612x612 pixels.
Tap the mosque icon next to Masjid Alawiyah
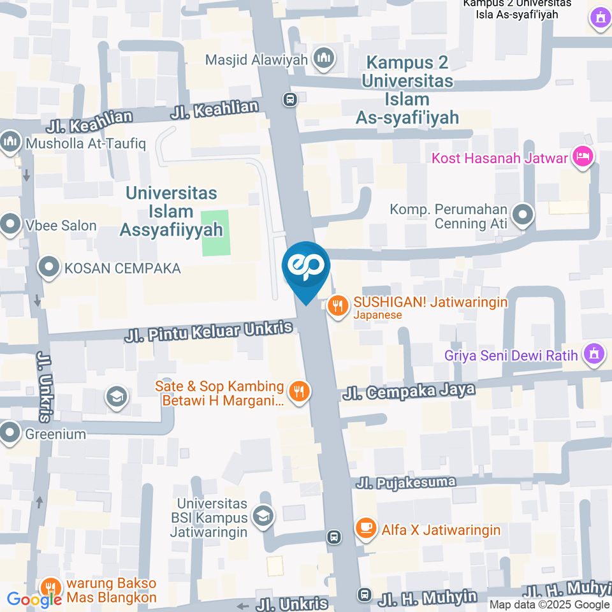pos(324,59)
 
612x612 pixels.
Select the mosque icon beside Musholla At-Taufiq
pos(11,142)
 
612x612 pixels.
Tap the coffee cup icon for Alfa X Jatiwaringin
pos(365,528)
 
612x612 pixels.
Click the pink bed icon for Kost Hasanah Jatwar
pos(582,156)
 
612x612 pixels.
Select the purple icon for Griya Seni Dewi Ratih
pos(595,354)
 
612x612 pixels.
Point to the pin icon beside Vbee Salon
pos(11,224)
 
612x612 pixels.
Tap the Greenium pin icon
pos(11,434)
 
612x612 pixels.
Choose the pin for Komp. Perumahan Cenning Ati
pos(523,215)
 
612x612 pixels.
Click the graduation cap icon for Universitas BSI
pos(262,516)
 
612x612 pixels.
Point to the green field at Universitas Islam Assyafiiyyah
pos(214,233)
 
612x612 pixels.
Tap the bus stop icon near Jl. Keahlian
pos(290,99)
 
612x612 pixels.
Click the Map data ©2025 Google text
pos(549,604)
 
